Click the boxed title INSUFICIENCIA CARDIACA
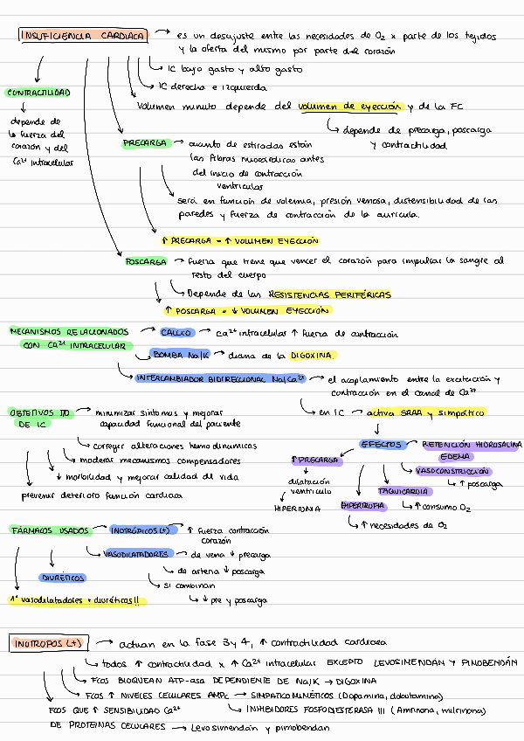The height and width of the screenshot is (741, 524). pos(83,36)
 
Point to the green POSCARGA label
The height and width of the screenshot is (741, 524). pos(146,261)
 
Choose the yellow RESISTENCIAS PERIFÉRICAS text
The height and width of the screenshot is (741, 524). pos(330,294)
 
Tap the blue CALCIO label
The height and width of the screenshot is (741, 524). pos(176,333)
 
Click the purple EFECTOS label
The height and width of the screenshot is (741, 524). pos(382,445)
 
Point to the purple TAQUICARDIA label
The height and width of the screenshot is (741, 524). pos(403,491)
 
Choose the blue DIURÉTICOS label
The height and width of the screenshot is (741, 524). pos(62,578)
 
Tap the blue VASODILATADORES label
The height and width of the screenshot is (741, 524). pos(135,554)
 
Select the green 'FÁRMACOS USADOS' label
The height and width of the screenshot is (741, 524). pos(50,530)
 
